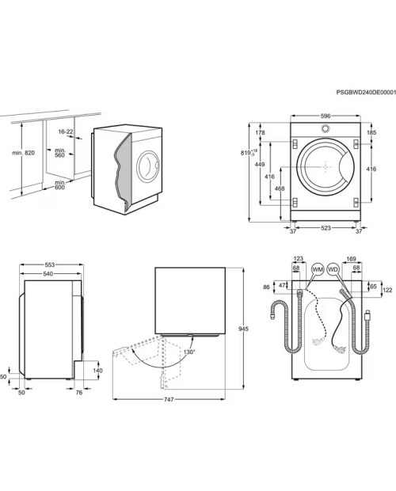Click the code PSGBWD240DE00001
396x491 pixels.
pyautogui.click(x=366, y=93)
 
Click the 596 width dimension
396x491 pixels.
pyautogui.click(x=326, y=116)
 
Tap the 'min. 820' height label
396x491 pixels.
pyautogui.click(x=24, y=153)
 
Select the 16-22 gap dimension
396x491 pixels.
pyautogui.click(x=66, y=131)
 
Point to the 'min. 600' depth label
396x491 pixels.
pyautogui.click(x=59, y=185)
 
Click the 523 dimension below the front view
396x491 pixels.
pyautogui.click(x=326, y=228)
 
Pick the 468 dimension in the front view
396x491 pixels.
pyautogui.click(x=280, y=188)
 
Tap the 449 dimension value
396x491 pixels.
pyautogui.click(x=260, y=165)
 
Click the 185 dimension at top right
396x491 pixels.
pyautogui.click(x=371, y=132)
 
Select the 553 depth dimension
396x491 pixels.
pyautogui.click(x=49, y=265)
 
